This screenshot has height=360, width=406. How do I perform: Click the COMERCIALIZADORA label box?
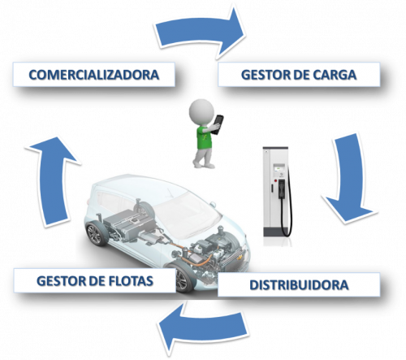(x=93, y=75)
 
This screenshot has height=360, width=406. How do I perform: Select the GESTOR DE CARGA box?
(x=299, y=75)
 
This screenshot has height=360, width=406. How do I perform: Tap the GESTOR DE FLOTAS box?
(x=95, y=280)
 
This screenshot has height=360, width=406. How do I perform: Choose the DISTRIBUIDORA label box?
(x=299, y=284)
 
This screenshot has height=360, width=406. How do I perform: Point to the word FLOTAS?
(x=131, y=281)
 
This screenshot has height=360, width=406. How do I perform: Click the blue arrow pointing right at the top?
(x=200, y=33)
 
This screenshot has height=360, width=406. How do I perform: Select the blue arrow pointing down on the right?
(x=349, y=178)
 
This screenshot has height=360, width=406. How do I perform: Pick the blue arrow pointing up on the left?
(x=52, y=182)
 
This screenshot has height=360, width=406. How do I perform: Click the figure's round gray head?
(x=201, y=111)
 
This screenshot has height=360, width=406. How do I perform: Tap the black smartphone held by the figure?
(x=218, y=124)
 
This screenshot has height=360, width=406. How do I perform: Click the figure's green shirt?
(x=204, y=137)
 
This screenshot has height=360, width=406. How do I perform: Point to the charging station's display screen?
(x=279, y=168)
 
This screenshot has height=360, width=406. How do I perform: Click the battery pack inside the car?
(x=130, y=223)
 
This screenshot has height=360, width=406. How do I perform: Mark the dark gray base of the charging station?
(x=278, y=232)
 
